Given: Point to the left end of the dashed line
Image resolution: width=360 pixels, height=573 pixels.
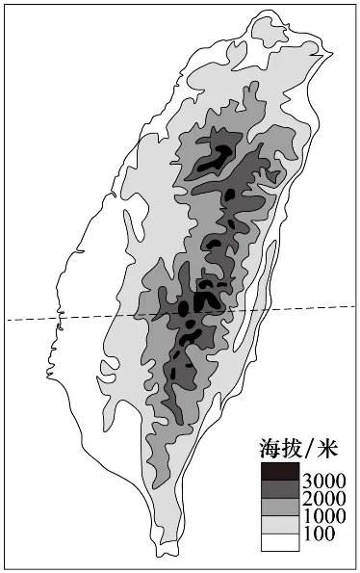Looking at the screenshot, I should point(8,321).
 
